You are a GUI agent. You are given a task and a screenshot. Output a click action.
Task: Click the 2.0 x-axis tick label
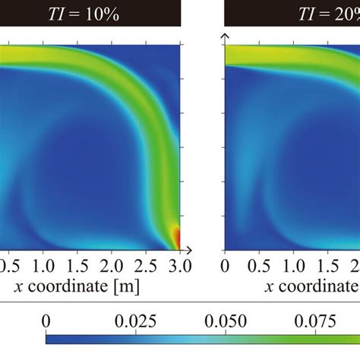pos(112,266)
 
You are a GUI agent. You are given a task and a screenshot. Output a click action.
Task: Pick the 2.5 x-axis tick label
pos(146,266)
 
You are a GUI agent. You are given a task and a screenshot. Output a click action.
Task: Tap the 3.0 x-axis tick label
pos(179,266)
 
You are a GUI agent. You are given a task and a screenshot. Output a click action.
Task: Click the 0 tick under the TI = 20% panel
pos(225,266)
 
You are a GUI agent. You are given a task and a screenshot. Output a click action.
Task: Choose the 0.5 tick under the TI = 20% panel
pos(259,266)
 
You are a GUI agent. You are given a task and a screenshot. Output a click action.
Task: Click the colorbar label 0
pos(47,321)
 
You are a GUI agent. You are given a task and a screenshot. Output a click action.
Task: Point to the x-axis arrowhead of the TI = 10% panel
pos(190,249)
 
